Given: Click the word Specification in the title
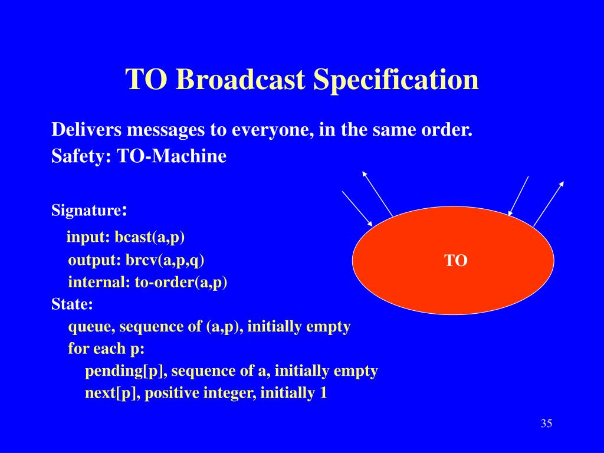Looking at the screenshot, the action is pos(396,80).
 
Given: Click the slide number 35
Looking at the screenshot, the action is pos(546,424).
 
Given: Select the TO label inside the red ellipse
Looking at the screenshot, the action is pos(456,260).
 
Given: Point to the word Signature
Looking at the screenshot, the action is pos(87,211).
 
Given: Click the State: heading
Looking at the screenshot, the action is pos(72,304).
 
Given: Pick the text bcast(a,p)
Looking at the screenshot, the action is pos(149,237).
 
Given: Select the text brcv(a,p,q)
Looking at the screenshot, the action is pos(165,260).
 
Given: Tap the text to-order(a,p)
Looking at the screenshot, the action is pos(180,283).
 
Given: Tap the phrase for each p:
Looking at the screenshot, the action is pos(106,349).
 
